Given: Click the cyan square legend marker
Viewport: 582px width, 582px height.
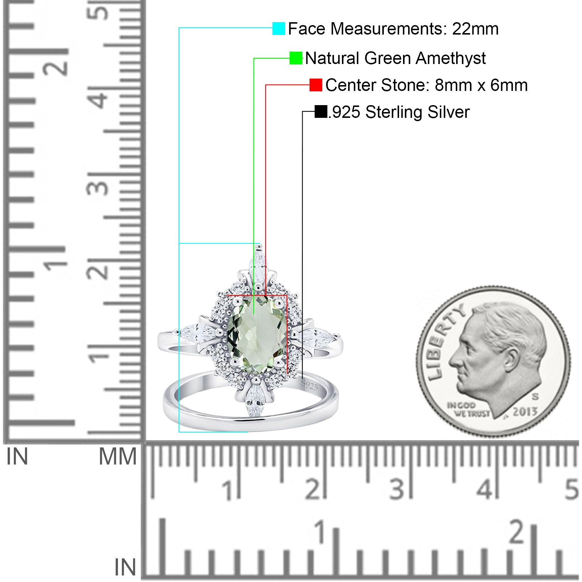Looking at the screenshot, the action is [279, 29].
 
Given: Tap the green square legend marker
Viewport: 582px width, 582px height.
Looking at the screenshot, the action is [296, 58].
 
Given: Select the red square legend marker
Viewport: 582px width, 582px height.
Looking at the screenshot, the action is [316, 85].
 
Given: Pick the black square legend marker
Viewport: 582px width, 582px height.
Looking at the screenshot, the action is [321, 112].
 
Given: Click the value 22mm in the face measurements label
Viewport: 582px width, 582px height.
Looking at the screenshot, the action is [475, 29].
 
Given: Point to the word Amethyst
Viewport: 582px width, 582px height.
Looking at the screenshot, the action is [451, 58].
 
